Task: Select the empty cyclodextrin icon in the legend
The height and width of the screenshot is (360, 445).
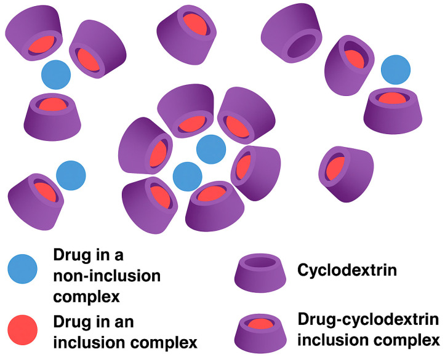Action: click(x=257, y=271)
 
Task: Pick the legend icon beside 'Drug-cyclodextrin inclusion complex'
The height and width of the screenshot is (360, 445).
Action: click(x=257, y=330)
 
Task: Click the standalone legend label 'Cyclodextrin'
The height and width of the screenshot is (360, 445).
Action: click(x=337, y=270)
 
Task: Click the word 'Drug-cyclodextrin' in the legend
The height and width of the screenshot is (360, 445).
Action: click(x=367, y=319)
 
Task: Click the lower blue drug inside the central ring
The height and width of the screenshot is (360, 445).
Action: click(x=187, y=177)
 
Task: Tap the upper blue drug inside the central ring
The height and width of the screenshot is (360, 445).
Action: click(x=211, y=150)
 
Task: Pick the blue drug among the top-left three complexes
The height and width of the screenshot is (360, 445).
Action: click(x=56, y=74)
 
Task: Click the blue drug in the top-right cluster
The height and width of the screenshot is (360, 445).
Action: click(x=396, y=70)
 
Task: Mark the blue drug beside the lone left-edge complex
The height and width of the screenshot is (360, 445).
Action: click(x=71, y=175)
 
